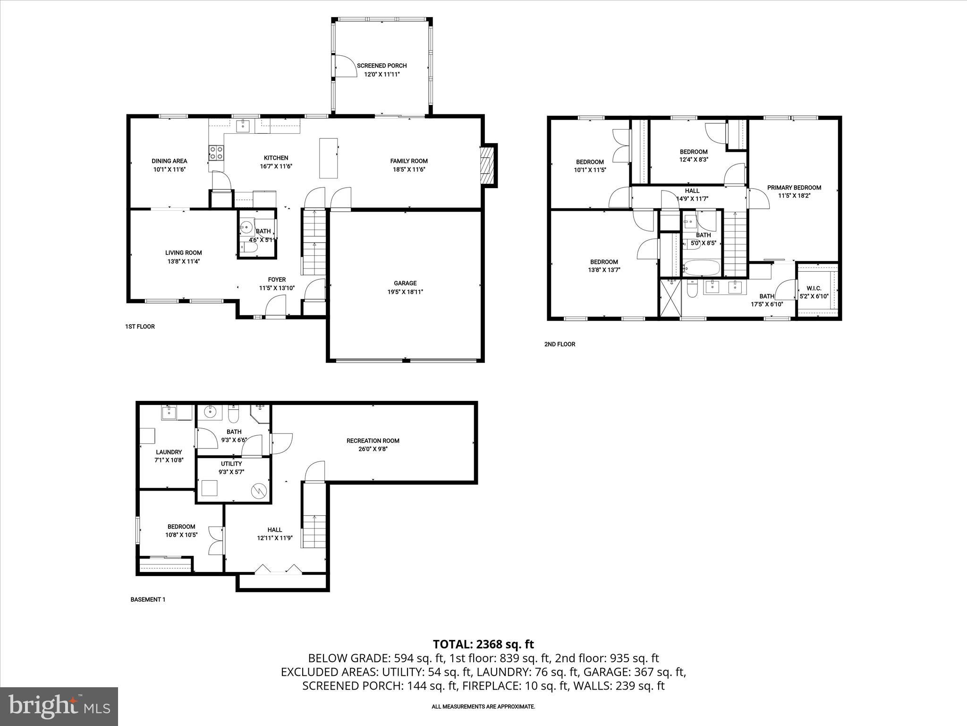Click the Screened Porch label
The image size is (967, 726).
382,66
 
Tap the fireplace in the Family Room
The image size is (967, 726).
487,165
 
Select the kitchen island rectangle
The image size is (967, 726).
329,158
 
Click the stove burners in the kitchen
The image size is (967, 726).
217,153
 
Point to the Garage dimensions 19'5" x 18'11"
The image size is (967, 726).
405,292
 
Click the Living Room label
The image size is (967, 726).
183,253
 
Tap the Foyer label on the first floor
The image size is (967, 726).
277,280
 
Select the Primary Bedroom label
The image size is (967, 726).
794,188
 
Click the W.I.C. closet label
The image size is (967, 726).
814,288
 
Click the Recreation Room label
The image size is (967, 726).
373,441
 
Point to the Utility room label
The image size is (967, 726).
231,464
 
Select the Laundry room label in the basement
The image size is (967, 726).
169,452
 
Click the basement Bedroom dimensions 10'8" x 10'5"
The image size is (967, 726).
181,535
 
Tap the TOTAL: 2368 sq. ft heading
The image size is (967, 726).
483,644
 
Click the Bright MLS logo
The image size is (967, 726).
59,706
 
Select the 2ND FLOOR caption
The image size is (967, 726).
560,344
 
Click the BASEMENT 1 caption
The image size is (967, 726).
148,599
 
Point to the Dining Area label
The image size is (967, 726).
169,161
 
